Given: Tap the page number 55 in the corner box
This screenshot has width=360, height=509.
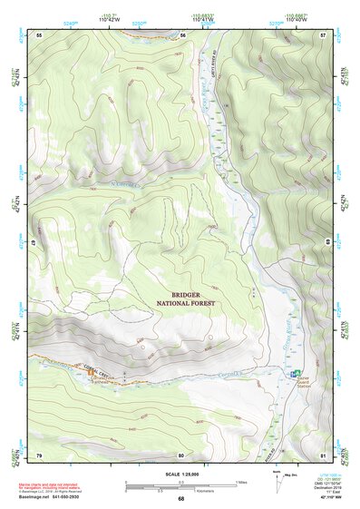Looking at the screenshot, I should tap(39, 34).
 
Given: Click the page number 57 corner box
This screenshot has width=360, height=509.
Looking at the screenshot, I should tap(323, 34).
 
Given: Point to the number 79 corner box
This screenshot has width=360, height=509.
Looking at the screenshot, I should tap(39, 454).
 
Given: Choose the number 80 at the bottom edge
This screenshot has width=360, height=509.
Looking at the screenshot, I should tap(181, 454).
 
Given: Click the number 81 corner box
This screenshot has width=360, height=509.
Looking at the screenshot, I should tap(323, 454).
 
